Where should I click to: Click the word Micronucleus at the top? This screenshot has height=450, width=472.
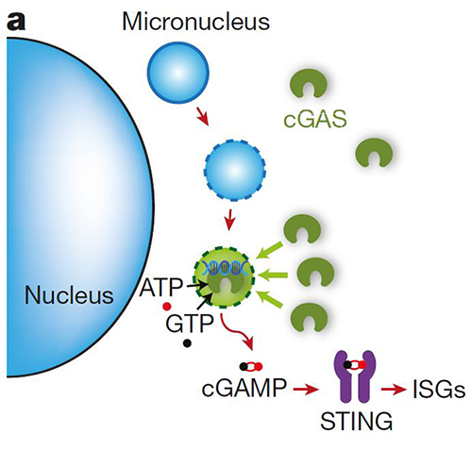(x=195, y=22)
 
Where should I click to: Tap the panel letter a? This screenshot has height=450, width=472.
(x=15, y=22)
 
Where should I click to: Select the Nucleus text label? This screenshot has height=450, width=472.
(x=69, y=295)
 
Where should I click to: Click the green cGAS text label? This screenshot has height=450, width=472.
(x=315, y=119)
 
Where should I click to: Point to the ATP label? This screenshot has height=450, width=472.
(x=160, y=287)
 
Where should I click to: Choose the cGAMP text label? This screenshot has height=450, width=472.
(x=244, y=388)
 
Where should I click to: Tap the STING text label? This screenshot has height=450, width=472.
(x=356, y=421)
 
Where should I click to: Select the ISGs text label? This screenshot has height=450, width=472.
(x=439, y=390)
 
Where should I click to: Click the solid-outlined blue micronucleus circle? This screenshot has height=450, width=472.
(x=178, y=72)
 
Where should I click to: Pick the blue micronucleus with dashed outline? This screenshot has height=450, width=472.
(x=235, y=170)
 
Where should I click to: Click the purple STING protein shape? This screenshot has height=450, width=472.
(x=355, y=377)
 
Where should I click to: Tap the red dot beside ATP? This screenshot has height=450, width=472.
(x=167, y=306)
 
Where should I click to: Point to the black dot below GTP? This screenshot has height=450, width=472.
(x=187, y=343)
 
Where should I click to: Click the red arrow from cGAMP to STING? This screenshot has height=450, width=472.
(x=306, y=390)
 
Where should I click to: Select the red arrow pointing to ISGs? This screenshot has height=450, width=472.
(x=394, y=390)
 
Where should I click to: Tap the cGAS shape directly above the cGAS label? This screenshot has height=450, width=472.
(x=309, y=83)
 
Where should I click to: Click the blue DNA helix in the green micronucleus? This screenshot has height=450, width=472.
(x=224, y=267)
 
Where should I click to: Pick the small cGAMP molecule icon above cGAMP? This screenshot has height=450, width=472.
(x=251, y=366)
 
